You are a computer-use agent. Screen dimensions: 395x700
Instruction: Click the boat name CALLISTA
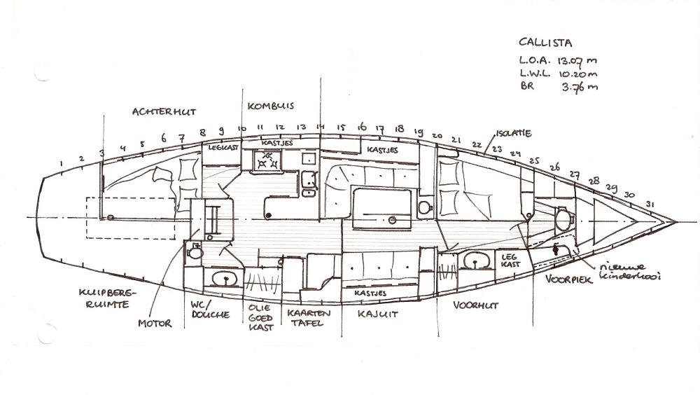545,43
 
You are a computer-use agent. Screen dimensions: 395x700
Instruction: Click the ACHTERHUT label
164,111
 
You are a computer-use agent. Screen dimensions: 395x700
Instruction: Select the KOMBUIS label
272,106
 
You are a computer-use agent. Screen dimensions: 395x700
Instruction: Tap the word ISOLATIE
514,133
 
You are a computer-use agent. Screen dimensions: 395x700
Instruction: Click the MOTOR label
155,324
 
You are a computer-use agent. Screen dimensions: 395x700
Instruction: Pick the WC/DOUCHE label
210,310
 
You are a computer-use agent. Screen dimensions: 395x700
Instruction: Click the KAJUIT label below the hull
377,314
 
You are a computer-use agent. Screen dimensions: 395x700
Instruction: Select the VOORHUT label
475,305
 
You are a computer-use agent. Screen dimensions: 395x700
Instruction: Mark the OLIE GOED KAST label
262,317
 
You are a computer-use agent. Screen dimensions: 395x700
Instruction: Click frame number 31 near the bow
650,205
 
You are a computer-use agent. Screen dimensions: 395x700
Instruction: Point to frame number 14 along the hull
320,127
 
